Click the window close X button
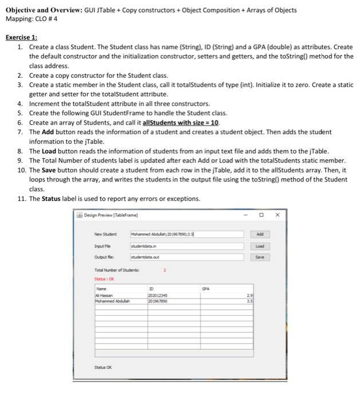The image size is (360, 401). tap(278, 215)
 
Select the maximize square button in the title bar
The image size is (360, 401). tap(261, 215)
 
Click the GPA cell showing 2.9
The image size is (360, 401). tap(249, 296)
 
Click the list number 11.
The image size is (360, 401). tap(22, 199)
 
